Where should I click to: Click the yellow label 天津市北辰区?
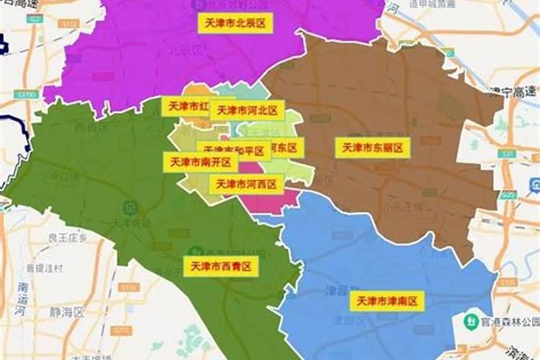(235, 23)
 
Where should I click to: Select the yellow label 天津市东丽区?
(372, 148)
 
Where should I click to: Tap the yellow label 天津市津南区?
(387, 301)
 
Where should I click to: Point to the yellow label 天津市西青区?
(221, 266)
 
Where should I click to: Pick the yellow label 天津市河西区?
(246, 184)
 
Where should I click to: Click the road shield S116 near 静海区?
(128, 287)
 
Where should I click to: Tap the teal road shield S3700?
(27, 95)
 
